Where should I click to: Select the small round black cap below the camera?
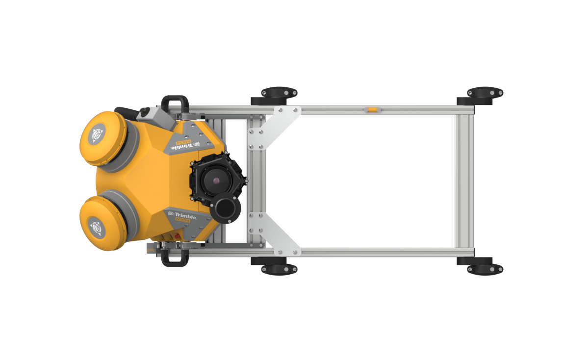click(x=225, y=209)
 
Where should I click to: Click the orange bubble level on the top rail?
click(x=372, y=109)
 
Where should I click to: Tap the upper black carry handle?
click(x=175, y=103)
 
